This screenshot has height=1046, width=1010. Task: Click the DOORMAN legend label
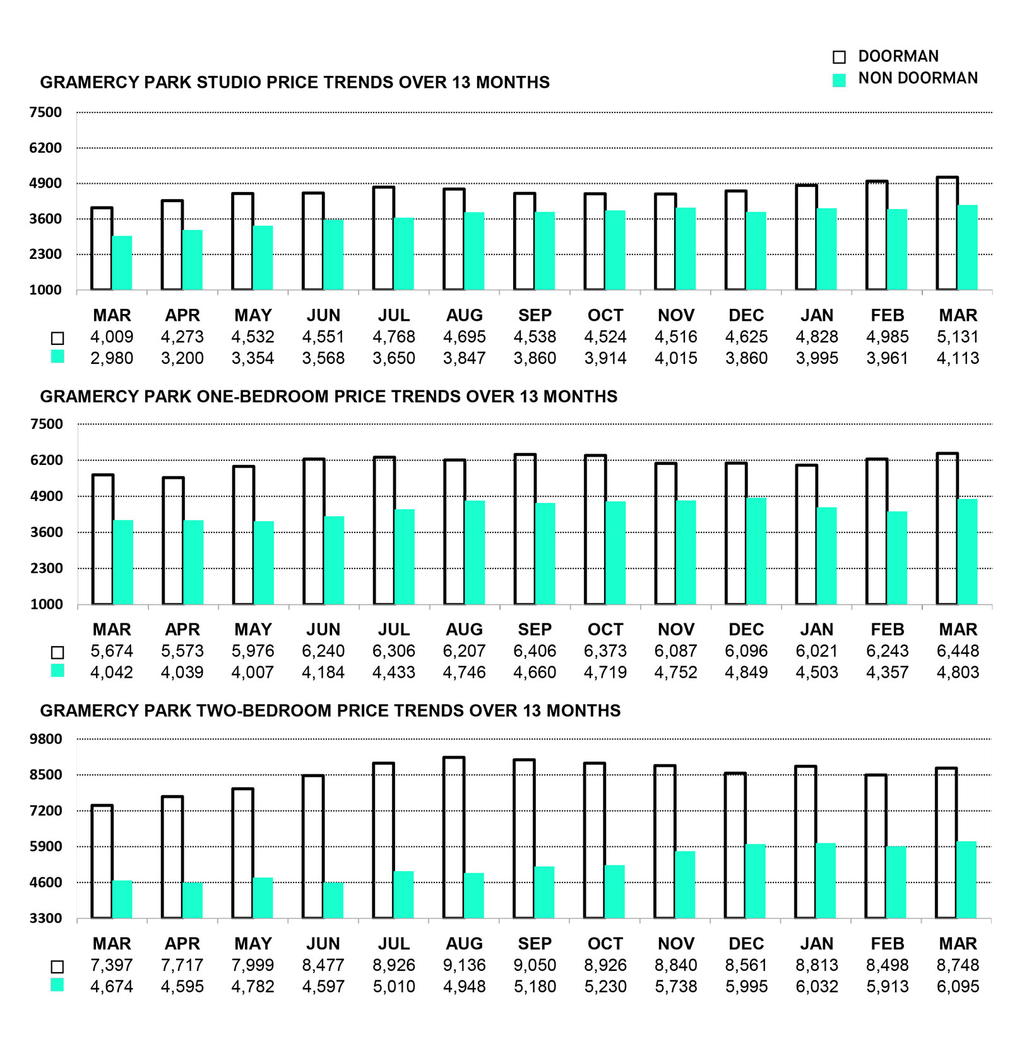(x=898, y=56)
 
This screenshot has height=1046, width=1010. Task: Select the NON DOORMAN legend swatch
(x=839, y=80)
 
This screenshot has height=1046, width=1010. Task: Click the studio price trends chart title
(x=295, y=82)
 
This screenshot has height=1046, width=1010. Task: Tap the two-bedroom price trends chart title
(x=330, y=711)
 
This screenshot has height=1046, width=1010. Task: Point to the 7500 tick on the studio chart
(x=45, y=112)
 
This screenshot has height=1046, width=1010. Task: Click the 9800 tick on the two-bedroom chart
(x=45, y=739)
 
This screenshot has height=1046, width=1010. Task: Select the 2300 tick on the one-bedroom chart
(x=45, y=568)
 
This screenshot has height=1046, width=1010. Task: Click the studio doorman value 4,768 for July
(x=394, y=337)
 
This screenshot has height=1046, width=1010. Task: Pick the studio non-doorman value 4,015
(x=675, y=358)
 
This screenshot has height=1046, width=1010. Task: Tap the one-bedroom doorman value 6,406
(x=535, y=651)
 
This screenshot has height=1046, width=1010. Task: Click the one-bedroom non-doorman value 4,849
(x=746, y=672)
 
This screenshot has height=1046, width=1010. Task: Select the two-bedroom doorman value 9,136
(x=464, y=965)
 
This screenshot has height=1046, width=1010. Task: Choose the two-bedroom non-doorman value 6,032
(x=817, y=987)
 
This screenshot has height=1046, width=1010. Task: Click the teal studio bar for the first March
(x=122, y=263)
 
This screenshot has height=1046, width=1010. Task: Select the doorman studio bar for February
(x=877, y=236)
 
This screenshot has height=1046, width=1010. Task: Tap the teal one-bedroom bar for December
(x=756, y=551)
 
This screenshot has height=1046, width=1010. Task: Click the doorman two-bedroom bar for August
(x=454, y=838)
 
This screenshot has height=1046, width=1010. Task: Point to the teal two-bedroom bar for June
(x=333, y=900)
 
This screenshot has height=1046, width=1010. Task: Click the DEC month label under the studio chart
(x=746, y=315)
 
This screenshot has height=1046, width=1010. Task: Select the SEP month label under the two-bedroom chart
(x=535, y=944)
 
